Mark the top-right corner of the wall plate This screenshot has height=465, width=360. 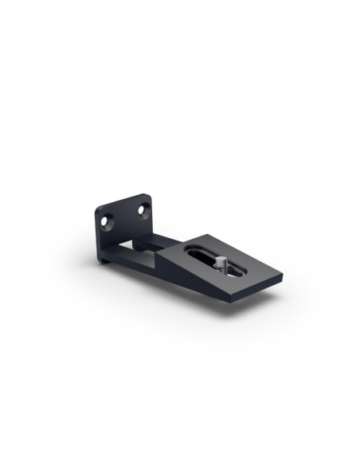(x=150, y=195)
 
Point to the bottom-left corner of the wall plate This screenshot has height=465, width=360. (x=100, y=263)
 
